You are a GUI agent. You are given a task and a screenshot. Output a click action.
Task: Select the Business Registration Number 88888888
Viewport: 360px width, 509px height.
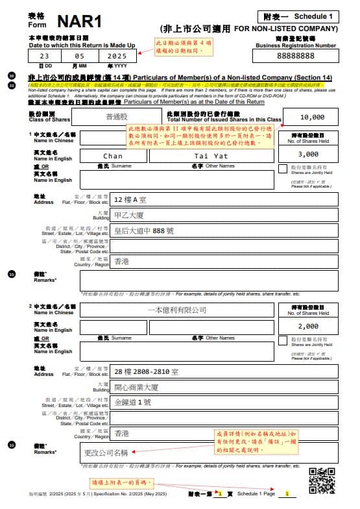295,57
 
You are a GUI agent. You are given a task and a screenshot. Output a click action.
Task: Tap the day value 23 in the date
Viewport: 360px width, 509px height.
45,56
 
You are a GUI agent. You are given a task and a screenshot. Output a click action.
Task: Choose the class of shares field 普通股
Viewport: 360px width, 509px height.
117,117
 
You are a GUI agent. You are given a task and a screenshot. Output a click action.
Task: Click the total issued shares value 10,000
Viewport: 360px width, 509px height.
313,118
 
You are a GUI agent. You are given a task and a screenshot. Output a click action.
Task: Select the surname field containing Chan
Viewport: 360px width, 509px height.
113,156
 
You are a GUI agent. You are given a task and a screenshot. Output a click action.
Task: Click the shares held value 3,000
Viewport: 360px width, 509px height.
308,155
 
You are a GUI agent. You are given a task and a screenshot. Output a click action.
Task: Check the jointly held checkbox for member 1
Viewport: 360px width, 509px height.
282,169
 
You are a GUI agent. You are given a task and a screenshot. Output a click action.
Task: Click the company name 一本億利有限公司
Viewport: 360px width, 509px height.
176,310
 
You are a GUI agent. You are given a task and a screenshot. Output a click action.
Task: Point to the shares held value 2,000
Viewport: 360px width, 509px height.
308,326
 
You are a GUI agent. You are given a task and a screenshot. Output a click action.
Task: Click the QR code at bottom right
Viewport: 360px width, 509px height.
321,480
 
